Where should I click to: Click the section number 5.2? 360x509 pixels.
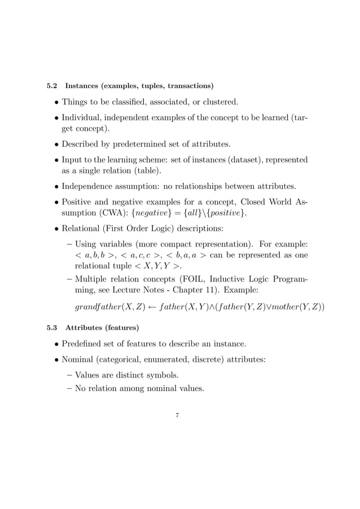[51, 86]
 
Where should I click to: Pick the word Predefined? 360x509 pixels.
[86, 343]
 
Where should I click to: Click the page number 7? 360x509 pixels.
[177, 416]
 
